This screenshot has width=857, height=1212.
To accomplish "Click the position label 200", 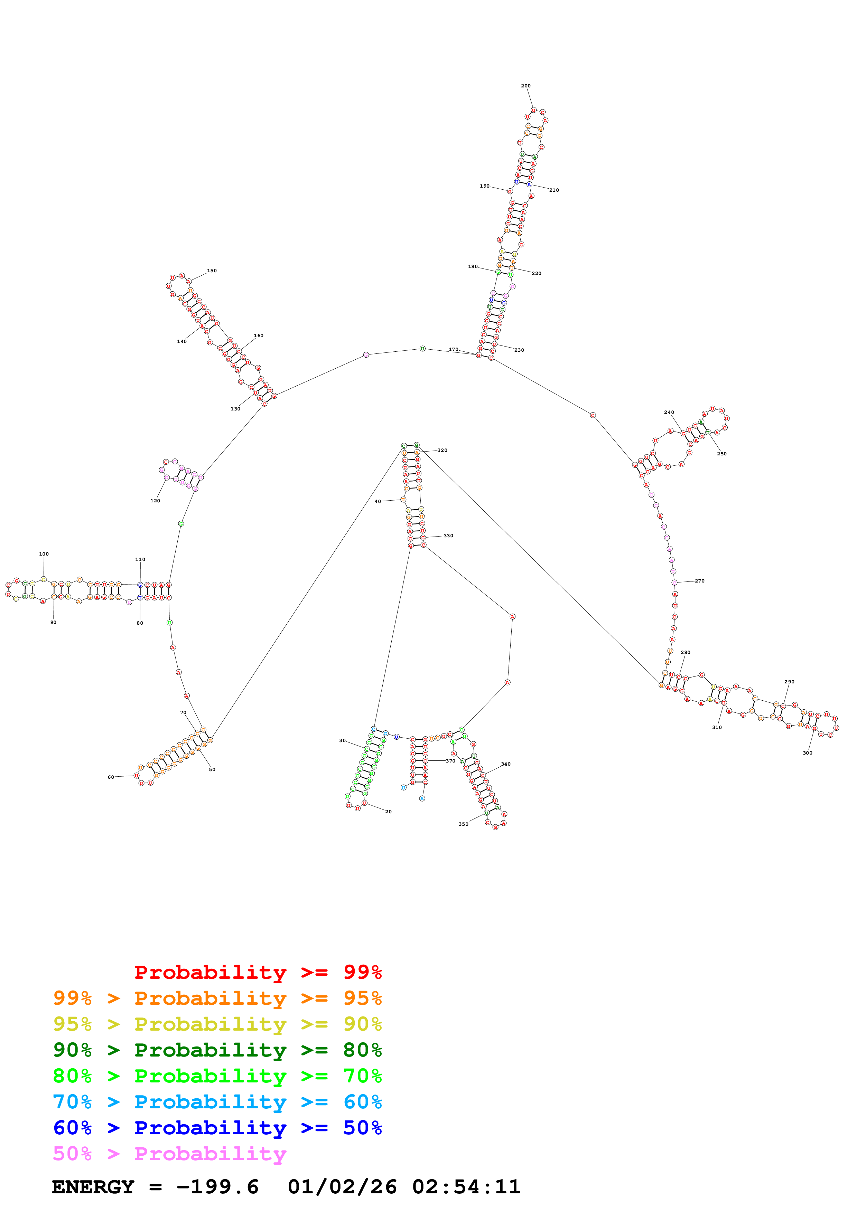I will coord(525,86).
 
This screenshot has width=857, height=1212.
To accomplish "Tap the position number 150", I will coord(212,271).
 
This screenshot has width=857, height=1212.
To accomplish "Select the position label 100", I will coord(44,554).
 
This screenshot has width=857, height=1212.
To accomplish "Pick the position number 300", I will coord(807,753).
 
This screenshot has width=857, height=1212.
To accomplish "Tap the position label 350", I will coord(463,824).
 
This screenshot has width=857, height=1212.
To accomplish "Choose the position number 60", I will coord(111,777).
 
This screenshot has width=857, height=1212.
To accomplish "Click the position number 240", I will coord(669,412).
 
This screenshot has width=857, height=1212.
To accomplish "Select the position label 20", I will coord(388,812).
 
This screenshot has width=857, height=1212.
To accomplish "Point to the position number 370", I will coord(450,761).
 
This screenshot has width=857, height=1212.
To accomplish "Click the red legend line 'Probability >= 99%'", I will coord(258,972).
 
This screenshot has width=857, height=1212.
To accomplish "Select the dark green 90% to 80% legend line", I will coord(217,1050).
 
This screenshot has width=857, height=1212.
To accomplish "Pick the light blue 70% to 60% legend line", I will coord(217,1102).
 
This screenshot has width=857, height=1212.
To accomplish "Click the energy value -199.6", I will coord(217,1187).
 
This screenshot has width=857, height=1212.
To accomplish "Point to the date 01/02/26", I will coord(342,1187).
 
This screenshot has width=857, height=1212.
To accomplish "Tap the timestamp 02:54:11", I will coord(466,1187).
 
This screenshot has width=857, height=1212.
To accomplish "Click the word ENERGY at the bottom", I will coord(93,1187).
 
